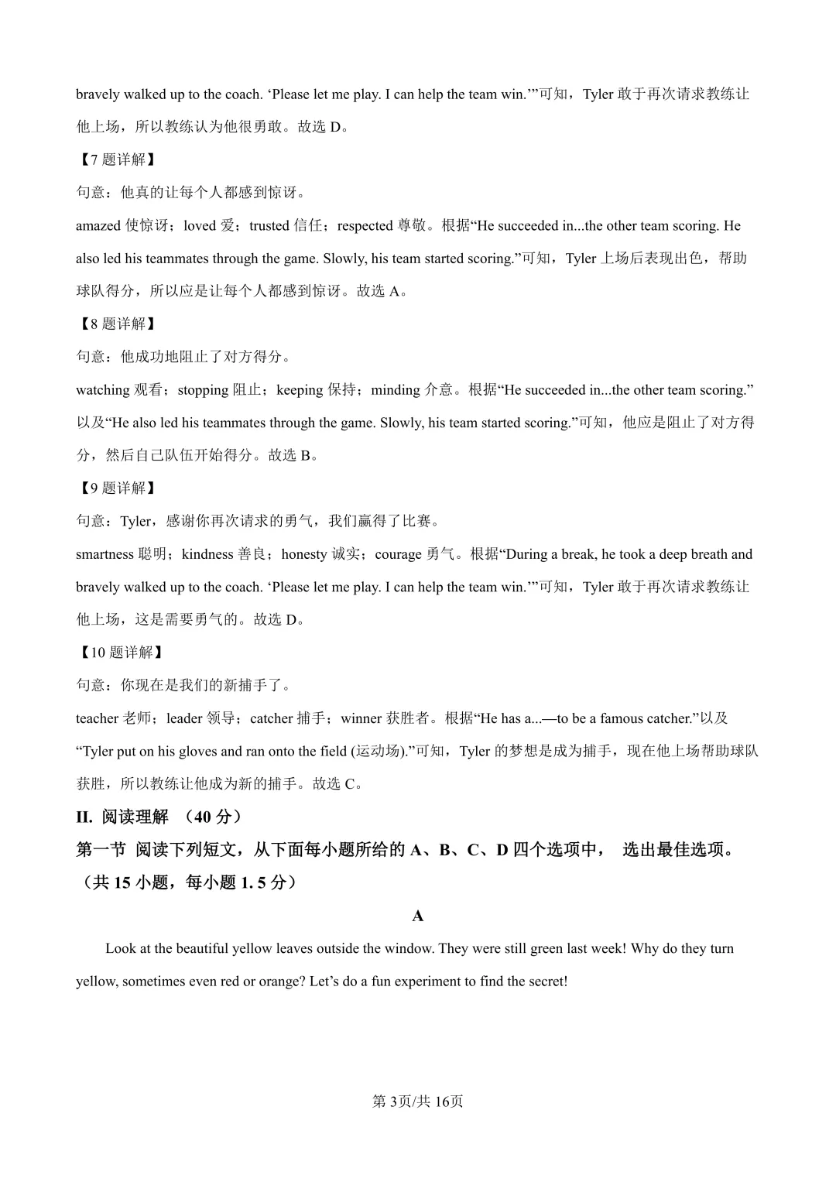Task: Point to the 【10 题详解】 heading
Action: pos(122,653)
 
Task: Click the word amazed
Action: pos(98,226)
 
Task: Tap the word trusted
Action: pos(269,226)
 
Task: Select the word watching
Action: pos(102,390)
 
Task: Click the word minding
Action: pos(396,390)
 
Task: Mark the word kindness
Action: pos(207,554)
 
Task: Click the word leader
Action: pos(184,718)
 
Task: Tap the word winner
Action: pos(361,718)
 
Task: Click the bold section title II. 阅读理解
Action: pos(122,817)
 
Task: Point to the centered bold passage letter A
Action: pos(418,916)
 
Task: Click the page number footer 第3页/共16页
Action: pos(418,1101)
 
